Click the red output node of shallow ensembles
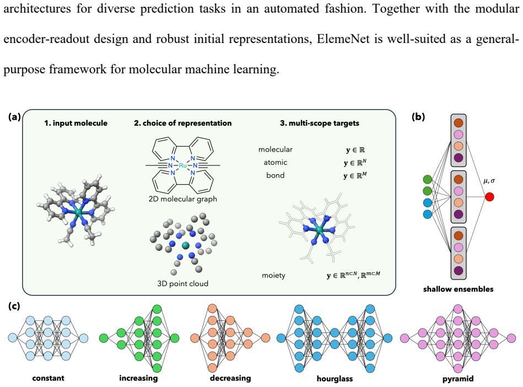click(x=489, y=197)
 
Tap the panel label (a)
click(x=14, y=117)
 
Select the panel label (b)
click(x=418, y=117)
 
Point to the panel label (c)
click(x=14, y=306)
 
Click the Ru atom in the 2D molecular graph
click(x=183, y=165)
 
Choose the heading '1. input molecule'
click(x=76, y=123)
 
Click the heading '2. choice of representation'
click(x=183, y=123)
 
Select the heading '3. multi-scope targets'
click(x=320, y=123)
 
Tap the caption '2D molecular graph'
click(x=183, y=199)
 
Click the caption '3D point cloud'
click(x=183, y=283)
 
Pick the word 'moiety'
click(x=273, y=276)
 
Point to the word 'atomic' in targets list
click(x=276, y=163)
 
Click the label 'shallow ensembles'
click(x=459, y=289)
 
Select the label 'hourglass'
click(x=335, y=379)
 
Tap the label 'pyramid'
click(x=458, y=379)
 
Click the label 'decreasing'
click(x=230, y=378)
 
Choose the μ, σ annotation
click(x=489, y=181)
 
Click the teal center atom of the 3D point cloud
click(x=186, y=246)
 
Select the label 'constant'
click(x=48, y=378)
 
